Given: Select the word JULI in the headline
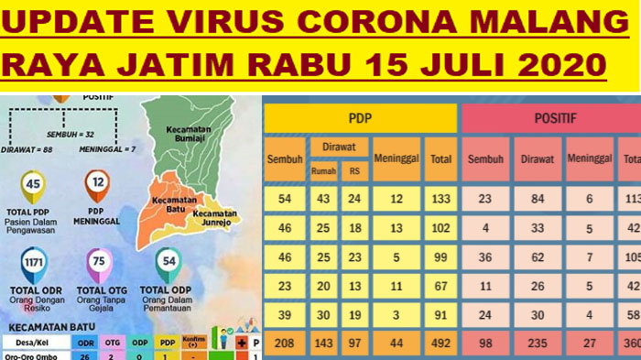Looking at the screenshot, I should pyautogui.click(x=455, y=65).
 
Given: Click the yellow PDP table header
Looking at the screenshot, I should pyautogui.click(x=360, y=117).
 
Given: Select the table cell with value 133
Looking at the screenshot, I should pyautogui.click(x=440, y=200).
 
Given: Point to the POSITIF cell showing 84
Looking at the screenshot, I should pyautogui.click(x=538, y=200).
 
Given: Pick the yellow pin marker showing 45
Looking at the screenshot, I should pyautogui.click(x=34, y=185).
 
